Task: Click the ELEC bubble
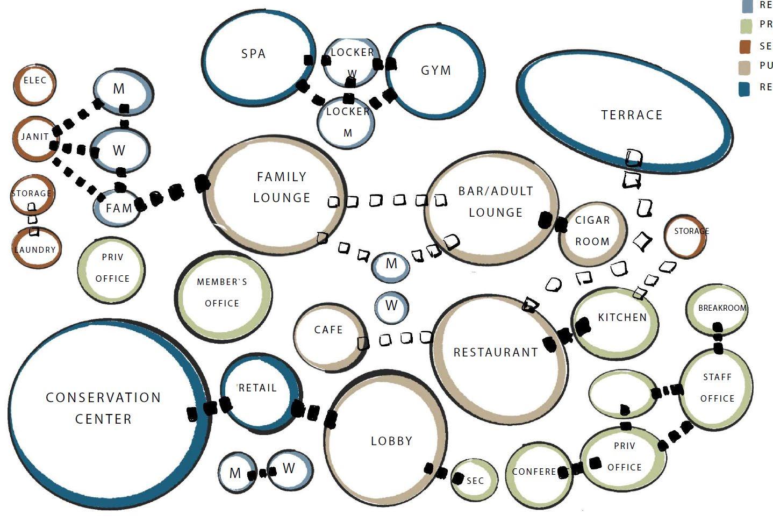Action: tap(34, 84)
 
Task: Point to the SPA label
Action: tap(253, 54)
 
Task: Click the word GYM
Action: tap(435, 70)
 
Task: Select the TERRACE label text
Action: tap(632, 115)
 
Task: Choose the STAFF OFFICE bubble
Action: tap(717, 388)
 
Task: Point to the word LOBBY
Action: tap(391, 441)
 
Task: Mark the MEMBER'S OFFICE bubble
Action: tap(223, 295)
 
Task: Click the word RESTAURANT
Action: tap(496, 353)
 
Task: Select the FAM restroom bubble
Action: tap(117, 208)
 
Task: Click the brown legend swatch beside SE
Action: tap(745, 47)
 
